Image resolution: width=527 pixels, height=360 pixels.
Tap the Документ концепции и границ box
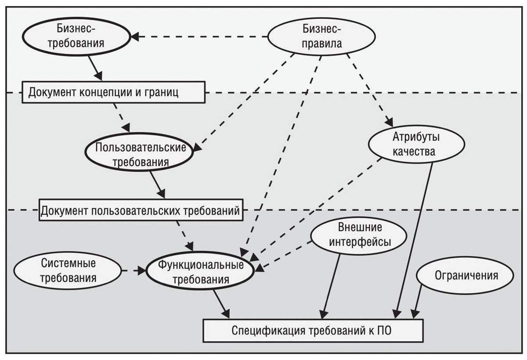[114, 92]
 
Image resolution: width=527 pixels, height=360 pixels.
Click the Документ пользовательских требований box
[141, 211]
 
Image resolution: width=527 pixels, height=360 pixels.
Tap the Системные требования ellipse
[68, 270]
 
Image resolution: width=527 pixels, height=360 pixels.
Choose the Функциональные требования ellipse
[201, 273]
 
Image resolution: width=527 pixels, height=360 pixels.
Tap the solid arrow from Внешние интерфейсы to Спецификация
[332, 286]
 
